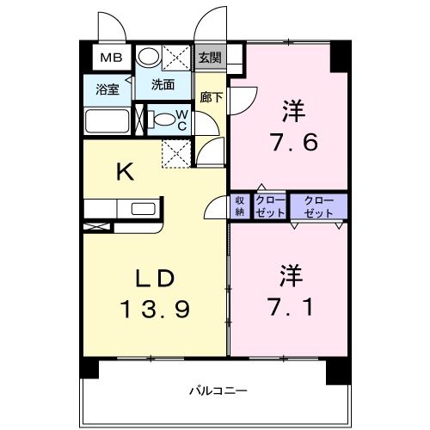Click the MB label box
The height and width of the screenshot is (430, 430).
click(x=112, y=58)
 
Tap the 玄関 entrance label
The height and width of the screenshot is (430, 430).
click(x=211, y=58)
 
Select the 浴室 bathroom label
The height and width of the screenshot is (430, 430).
click(x=107, y=89)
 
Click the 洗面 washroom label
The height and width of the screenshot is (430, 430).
click(x=163, y=85)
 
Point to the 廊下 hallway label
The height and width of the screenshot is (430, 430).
click(x=211, y=97)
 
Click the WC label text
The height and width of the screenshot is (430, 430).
click(x=182, y=120)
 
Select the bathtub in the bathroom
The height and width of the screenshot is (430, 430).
click(x=107, y=121)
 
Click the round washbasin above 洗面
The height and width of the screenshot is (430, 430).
click(x=148, y=56)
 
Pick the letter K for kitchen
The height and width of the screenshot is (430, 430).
click(x=126, y=171)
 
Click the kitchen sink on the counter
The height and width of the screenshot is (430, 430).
click(x=144, y=209)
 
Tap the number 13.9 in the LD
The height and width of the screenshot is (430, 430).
click(x=155, y=309)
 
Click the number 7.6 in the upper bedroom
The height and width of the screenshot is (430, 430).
click(x=293, y=143)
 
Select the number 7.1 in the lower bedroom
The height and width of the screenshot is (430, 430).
click(x=291, y=307)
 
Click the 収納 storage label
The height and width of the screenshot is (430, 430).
click(x=239, y=206)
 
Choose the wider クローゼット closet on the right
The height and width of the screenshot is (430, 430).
click(x=319, y=206)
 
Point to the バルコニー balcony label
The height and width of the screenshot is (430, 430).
click(x=218, y=390)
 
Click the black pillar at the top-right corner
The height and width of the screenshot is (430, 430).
click(x=341, y=56)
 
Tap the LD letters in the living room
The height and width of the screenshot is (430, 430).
click(x=155, y=279)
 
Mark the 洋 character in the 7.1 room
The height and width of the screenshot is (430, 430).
click(x=291, y=276)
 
